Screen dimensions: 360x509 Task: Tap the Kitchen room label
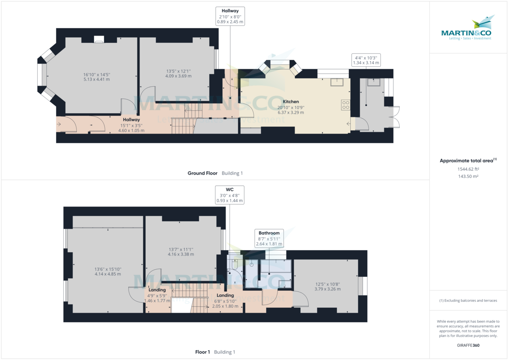(x=291, y=102)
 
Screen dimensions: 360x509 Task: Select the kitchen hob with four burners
(x=346, y=105)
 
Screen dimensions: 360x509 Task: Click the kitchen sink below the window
(x=338, y=81)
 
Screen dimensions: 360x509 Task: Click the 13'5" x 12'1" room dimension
(x=178, y=74)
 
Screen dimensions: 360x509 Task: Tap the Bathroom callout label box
(x=269, y=238)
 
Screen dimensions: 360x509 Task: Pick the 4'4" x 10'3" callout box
(x=366, y=60)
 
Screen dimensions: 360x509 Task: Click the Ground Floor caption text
(x=203, y=173)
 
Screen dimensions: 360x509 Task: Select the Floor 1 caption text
(x=202, y=352)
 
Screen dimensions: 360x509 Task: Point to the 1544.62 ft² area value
(x=468, y=169)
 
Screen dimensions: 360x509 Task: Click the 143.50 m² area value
(x=468, y=176)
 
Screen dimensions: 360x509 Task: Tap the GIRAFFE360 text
(x=468, y=345)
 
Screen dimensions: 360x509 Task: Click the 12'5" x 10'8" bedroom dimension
(x=327, y=287)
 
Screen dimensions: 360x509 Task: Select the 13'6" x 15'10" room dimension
(x=108, y=271)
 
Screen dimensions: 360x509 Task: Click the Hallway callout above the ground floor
(x=230, y=16)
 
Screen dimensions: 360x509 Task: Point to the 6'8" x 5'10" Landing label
(x=225, y=301)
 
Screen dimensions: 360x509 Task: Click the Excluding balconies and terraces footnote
(x=468, y=301)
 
